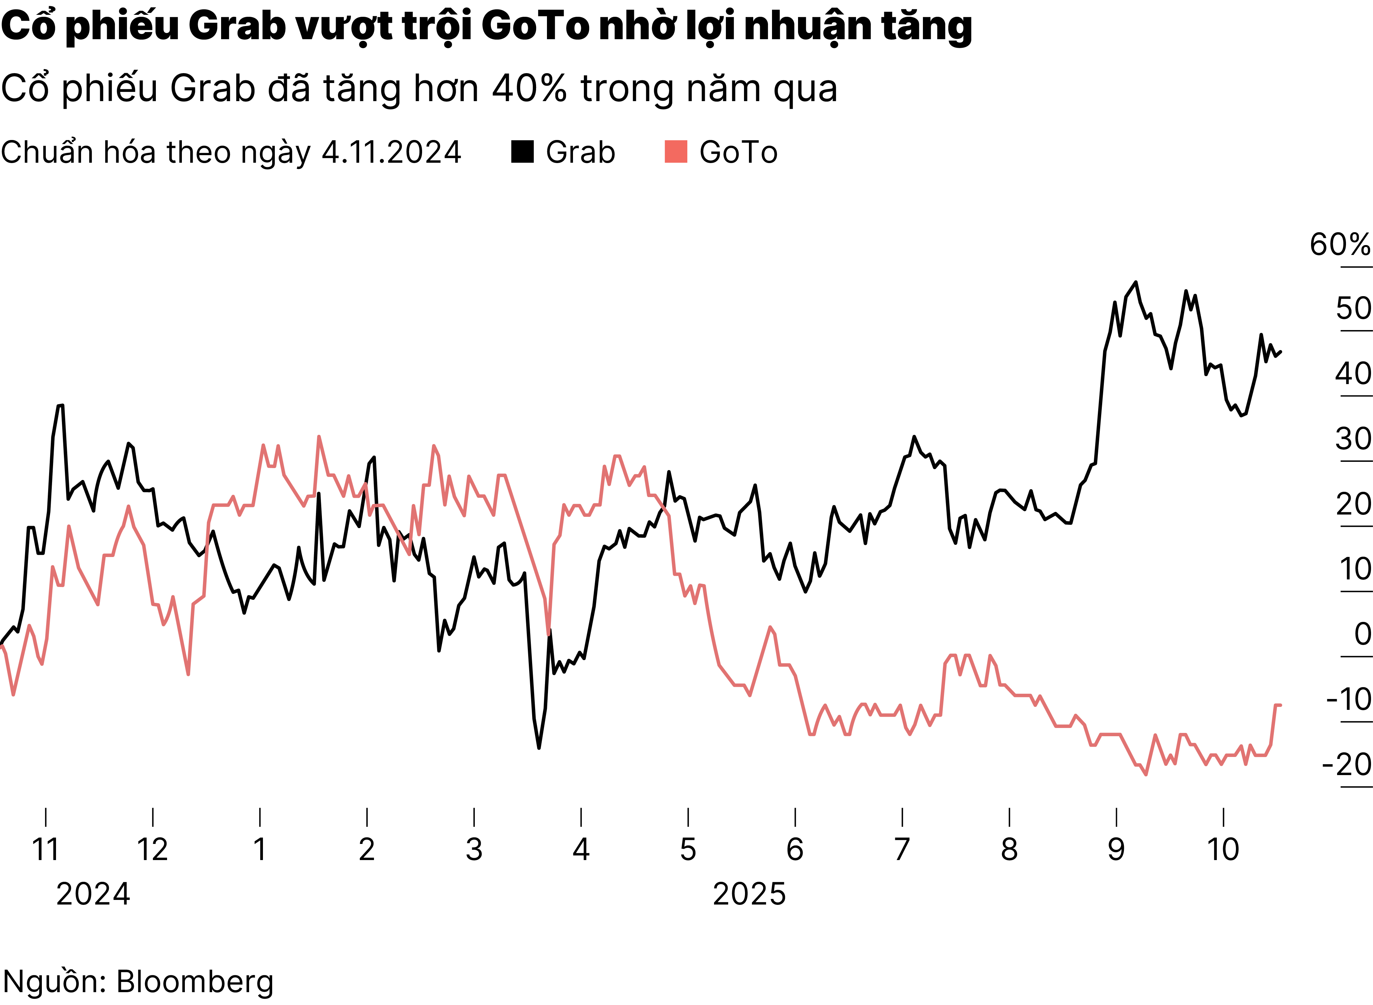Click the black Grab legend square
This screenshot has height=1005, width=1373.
pos(522,152)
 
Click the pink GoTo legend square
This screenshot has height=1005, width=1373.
pos(675,152)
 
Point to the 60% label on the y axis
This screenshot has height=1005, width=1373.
pos(1339,244)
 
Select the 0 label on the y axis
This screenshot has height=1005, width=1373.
pos(1362,634)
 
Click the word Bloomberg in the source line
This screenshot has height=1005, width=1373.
pos(195,981)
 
